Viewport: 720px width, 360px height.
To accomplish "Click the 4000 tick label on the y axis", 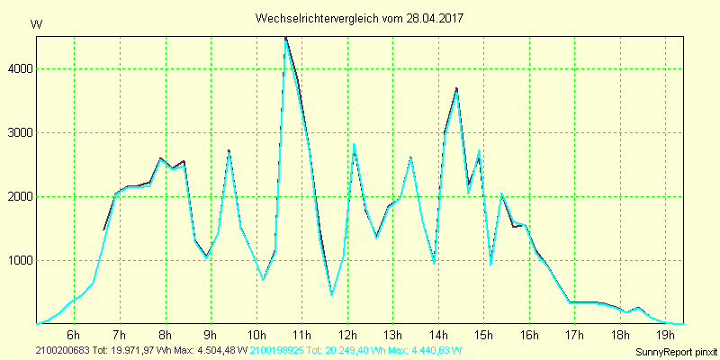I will pyautogui.click(x=19, y=69).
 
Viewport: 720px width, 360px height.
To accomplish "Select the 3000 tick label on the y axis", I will pyautogui.click(x=19, y=133).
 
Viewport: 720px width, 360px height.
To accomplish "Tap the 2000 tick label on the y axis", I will pyautogui.click(x=19, y=197).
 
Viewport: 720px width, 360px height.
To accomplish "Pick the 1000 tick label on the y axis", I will pyautogui.click(x=19, y=261).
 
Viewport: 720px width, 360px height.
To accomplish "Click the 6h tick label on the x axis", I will pyautogui.click(x=74, y=337).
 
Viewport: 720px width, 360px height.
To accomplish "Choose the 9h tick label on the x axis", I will pyautogui.click(x=211, y=337).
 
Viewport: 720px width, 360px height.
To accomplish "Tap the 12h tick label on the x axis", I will pyautogui.click(x=346, y=337).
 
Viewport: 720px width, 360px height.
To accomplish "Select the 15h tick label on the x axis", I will pyautogui.click(x=483, y=337).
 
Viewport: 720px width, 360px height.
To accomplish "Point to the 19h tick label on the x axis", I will pyautogui.click(x=665, y=337).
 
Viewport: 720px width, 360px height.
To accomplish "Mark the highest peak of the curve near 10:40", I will pyautogui.click(x=285, y=39).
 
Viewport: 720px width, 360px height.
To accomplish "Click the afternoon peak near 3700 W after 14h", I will pyautogui.click(x=457, y=89).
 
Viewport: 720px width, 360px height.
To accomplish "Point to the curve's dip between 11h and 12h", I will pyautogui.click(x=331, y=294).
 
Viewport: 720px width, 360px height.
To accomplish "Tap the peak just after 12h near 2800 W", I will pyautogui.click(x=354, y=144).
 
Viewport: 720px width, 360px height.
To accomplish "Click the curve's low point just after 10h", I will pyautogui.click(x=263, y=279).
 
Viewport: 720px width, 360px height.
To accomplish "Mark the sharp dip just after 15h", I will pyautogui.click(x=490, y=264).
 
